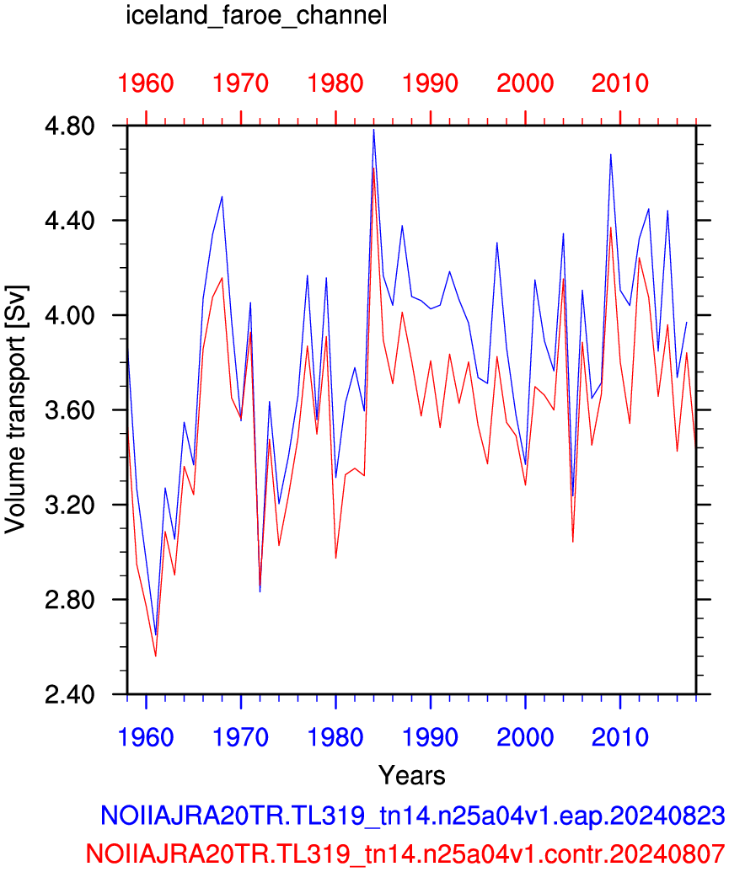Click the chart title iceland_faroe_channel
pos(256,15)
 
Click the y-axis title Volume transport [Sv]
pos(15,409)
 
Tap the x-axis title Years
pos(412,775)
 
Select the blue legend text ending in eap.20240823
pos(413,816)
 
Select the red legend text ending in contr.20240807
pos(405,853)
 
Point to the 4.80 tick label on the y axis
pos(70,126)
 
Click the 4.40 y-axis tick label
pos(70,221)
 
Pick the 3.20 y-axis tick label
pos(70,505)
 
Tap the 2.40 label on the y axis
pos(70,694)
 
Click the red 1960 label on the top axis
pos(146,83)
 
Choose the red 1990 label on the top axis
pos(430,83)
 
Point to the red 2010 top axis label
pos(620,83)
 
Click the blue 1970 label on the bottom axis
pos(240,737)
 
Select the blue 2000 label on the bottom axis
pos(525,737)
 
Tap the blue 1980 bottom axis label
pos(335,737)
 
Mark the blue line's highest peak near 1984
pos(374,130)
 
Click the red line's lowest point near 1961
pos(156,656)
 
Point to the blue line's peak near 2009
pos(610,155)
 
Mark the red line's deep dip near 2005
pos(572,542)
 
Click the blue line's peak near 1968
pos(222,196)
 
